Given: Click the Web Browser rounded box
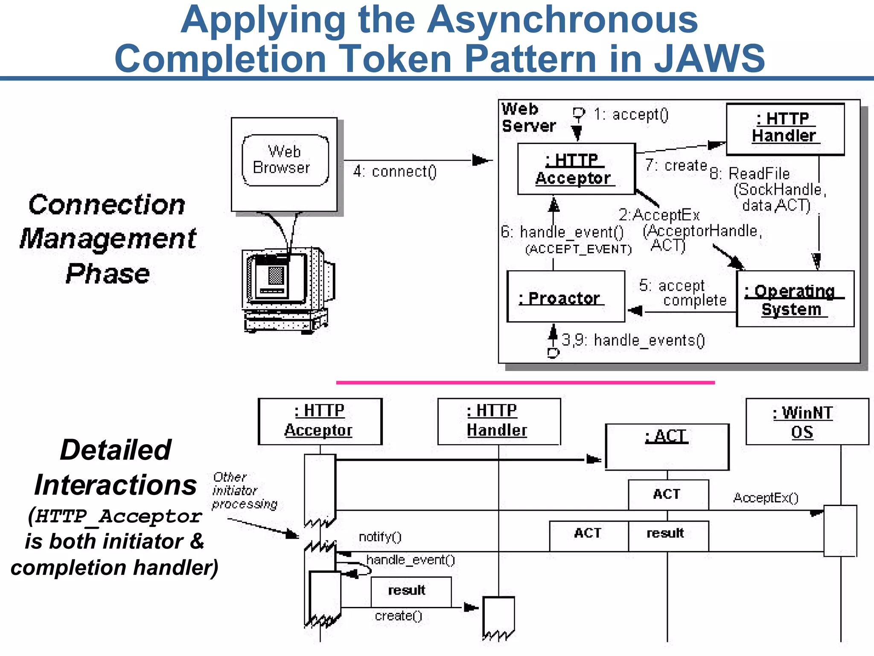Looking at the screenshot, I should coord(285,160).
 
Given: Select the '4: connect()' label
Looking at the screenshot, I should coord(395,172).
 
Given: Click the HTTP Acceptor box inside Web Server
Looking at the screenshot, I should coord(576,169).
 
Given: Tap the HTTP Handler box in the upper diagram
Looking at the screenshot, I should coord(785,129).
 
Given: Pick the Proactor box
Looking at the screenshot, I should coord(565,297).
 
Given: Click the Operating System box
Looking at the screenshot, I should coord(795,299).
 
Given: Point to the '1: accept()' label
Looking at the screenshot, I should coord(631,114).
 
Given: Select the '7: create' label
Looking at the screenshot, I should coord(676,165).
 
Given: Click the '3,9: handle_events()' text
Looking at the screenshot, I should coord(633,340).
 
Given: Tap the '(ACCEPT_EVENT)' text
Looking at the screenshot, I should coord(578,249).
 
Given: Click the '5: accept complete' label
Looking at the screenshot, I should coord(683,293).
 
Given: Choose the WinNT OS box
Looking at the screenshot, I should coord(807,422).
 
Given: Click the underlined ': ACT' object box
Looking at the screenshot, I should coord(667,447).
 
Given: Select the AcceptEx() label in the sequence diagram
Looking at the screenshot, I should coord(766,498).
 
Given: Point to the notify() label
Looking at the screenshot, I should coord(380,537).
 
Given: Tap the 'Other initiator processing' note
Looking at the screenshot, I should coord(244,491).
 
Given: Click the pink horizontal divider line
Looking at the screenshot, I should coord(525,383).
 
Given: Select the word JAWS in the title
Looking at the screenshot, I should coord(709,59).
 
